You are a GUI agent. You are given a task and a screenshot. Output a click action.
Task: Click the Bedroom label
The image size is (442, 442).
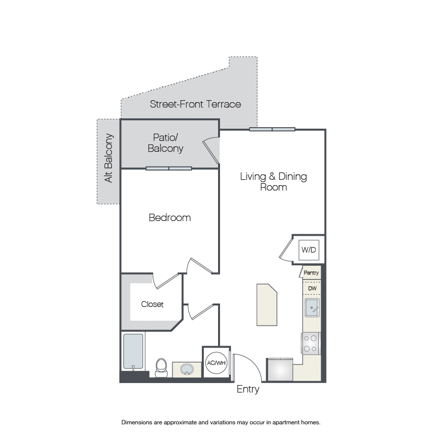point(170,218)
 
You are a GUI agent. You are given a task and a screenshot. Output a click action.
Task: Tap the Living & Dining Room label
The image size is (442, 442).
point(274,182)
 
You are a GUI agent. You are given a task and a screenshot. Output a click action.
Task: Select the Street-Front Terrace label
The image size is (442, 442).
point(195,104)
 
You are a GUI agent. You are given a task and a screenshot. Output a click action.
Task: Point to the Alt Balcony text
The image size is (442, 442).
point(109,158)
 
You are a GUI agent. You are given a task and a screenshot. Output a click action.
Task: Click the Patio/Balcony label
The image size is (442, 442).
point(166,143)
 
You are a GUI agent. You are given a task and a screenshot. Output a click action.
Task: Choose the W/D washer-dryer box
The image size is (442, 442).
point(309,250)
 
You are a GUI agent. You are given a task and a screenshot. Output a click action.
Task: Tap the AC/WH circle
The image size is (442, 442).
point(217,363)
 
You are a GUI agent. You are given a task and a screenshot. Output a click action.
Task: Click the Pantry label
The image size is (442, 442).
point(311,273)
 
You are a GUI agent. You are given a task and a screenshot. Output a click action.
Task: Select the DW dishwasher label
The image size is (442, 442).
point(312,288)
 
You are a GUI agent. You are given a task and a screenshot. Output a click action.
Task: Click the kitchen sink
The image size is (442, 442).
point(312,307)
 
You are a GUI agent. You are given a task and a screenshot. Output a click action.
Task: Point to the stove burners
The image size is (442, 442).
point(310,343)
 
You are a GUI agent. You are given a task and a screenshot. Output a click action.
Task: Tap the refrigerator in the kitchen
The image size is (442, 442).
point(280,369)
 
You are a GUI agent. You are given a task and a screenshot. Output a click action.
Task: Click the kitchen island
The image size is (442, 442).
point(267,304)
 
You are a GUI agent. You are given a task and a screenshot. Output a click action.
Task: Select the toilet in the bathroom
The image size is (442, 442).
point(161,368)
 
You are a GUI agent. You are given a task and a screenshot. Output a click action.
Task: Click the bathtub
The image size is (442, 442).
point(133,351)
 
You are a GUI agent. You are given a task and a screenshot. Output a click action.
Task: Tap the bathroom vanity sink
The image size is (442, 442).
point(187,369)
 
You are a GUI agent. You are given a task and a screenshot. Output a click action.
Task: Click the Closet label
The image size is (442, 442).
point(152,304)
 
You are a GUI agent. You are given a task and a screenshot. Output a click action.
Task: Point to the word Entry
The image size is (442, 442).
point(248,389)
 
